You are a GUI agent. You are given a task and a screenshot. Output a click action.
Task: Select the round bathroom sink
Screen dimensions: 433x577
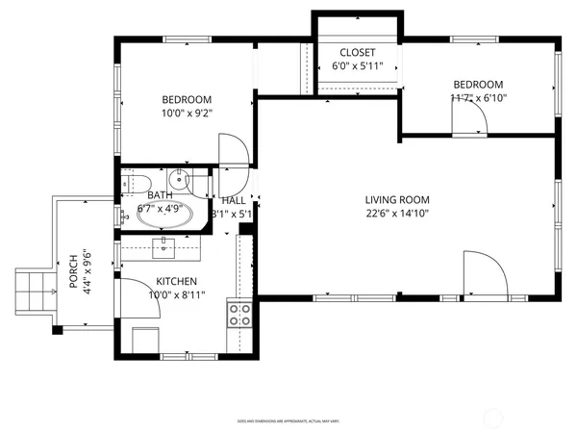[x=180, y=180]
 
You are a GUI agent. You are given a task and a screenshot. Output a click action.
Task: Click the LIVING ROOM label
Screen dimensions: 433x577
[x=396, y=200]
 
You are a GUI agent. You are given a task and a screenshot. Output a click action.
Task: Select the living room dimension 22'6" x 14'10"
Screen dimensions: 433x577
[x=396, y=214]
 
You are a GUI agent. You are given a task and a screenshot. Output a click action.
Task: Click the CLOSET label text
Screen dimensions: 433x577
[x=357, y=53]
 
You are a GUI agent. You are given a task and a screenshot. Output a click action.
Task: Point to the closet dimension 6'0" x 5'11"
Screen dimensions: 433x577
[x=357, y=66]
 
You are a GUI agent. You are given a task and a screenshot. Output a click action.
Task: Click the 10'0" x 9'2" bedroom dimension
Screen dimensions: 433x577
[x=187, y=113]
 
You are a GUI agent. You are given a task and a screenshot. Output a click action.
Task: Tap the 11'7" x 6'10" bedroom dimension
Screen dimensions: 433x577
[x=478, y=97]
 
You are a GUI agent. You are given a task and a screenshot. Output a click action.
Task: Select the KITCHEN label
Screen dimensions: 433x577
[x=177, y=282]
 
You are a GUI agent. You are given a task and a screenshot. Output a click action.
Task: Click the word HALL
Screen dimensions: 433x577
[x=233, y=200]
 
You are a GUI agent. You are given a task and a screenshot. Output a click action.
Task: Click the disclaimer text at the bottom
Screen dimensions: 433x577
[x=295, y=421]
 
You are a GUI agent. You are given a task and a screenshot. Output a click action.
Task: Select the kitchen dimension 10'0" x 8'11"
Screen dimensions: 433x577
[x=177, y=295]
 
